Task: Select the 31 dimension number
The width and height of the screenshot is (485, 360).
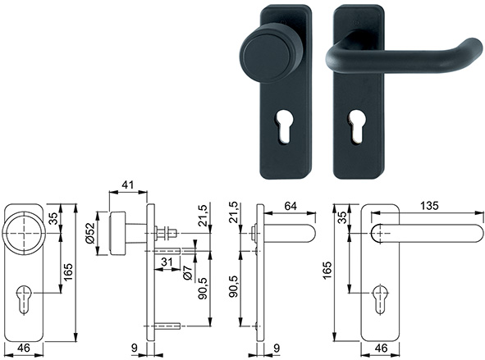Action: (166, 262)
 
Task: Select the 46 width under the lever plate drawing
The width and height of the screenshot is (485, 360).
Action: (381, 349)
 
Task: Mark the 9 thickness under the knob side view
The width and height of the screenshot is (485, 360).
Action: (134, 349)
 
